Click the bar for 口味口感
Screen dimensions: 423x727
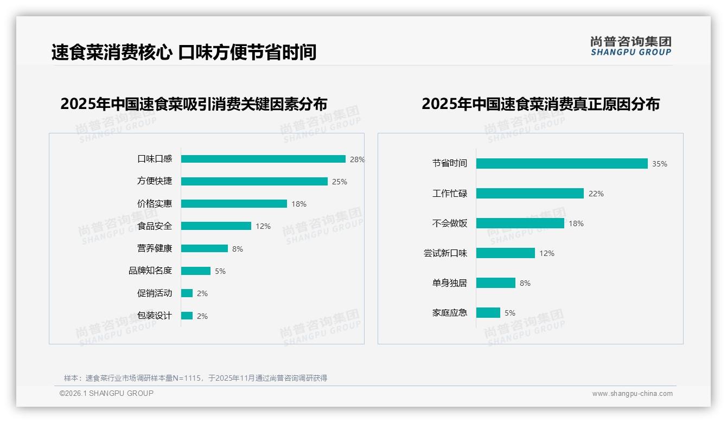(263, 159)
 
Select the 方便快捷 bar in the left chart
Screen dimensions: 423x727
(254, 181)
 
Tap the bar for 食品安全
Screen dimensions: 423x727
(216, 226)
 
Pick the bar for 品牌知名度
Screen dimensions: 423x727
(196, 271)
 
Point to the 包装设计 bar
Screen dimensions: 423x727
(187, 316)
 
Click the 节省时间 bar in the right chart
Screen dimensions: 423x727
(562, 163)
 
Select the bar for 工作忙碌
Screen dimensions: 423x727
(530, 193)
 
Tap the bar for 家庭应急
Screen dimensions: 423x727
(488, 312)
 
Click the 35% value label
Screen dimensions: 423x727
(660, 164)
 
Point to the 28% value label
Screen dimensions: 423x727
(357, 159)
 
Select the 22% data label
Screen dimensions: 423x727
(596, 194)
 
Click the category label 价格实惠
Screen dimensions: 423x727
(155, 203)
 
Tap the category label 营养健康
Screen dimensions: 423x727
(155, 248)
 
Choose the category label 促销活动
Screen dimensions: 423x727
(155, 293)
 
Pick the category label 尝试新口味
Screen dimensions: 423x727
(445, 253)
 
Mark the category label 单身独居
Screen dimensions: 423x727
(450, 283)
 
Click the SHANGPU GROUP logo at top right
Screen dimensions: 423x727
(630, 46)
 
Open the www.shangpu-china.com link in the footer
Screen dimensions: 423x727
(632, 394)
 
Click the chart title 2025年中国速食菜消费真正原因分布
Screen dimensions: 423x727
(540, 104)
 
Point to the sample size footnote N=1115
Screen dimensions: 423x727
(195, 378)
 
